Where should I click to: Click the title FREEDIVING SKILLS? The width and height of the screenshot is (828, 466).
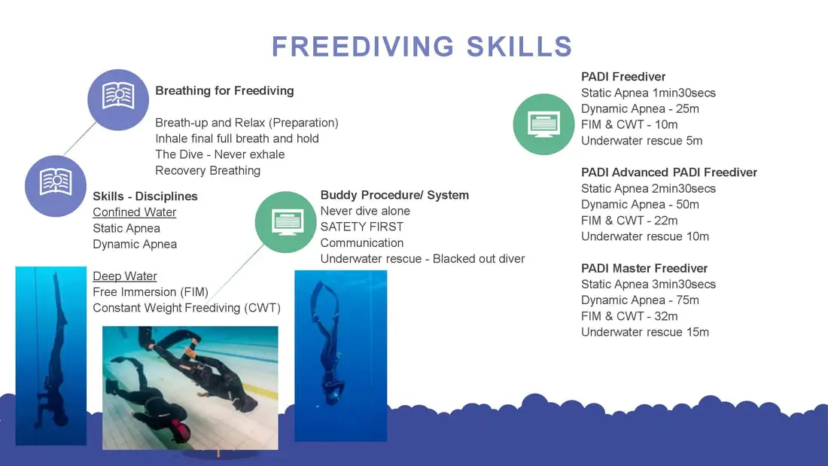point(422,47)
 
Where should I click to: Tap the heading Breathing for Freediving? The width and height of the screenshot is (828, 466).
point(224,91)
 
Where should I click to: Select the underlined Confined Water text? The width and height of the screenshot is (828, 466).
point(134,212)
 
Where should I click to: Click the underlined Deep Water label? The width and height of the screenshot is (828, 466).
point(125,276)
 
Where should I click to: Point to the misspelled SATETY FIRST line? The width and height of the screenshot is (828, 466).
point(362,227)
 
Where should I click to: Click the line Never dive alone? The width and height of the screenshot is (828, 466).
point(365,211)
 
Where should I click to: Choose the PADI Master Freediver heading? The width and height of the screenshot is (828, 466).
point(644,269)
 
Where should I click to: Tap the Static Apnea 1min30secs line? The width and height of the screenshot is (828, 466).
point(648,93)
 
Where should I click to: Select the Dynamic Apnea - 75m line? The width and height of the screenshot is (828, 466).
point(640,300)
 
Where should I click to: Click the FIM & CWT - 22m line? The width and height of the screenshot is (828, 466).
point(629,221)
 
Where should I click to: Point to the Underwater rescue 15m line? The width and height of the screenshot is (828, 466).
point(645,332)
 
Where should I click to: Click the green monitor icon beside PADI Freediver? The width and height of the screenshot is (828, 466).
point(543,124)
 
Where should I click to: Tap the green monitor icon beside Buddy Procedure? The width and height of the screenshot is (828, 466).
point(286,222)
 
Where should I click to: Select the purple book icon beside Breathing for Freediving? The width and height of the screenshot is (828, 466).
point(118,100)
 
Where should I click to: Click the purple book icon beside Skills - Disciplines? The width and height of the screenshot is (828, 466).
point(56,186)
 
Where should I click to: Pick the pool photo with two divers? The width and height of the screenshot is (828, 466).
point(190,388)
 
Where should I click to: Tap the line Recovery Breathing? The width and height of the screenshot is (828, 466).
point(208,171)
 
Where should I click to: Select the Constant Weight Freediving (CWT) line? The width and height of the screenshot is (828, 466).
point(187,308)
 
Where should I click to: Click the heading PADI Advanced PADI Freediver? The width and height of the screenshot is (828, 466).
point(669,172)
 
